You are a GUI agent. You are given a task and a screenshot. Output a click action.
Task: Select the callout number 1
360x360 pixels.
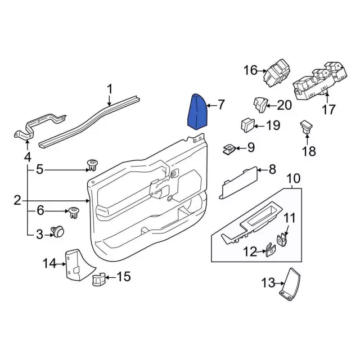(x=110, y=88)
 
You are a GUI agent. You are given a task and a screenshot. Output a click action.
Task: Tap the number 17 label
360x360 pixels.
(x=328, y=109)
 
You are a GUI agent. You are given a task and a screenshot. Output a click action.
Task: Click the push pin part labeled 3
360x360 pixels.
(x=57, y=231)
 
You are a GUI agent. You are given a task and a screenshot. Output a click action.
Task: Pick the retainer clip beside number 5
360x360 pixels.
(x=92, y=166)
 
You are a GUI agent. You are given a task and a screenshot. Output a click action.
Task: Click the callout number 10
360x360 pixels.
(x=293, y=179)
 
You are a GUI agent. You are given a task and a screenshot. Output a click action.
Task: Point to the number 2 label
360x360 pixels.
(x=17, y=200)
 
